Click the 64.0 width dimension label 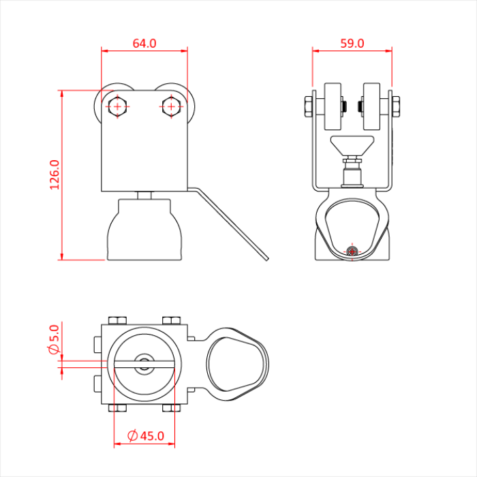[x=144, y=44]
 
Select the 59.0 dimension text [x=352, y=44]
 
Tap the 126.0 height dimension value [x=55, y=175]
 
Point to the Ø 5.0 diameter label [x=54, y=339]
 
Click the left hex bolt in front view [x=117, y=106]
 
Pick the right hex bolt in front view [x=171, y=106]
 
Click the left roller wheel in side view [x=333, y=106]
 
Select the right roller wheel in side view [x=371, y=106]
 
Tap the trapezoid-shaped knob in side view [x=352, y=146]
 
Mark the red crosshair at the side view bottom [x=352, y=251]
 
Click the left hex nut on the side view [x=308, y=106]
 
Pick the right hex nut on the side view [x=396, y=106]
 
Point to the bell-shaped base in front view [x=144, y=230]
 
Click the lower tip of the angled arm [x=268, y=259]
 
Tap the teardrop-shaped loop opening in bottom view [x=235, y=364]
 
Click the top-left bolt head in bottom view [x=117, y=320]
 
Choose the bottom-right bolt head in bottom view [x=171, y=408]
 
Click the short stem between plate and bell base [x=144, y=196]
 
